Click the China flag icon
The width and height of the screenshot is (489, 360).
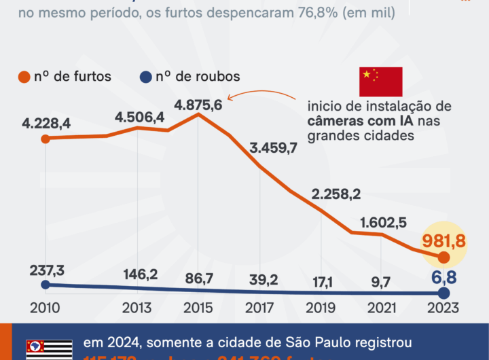click(380, 82)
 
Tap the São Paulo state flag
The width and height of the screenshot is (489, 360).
click(49, 349)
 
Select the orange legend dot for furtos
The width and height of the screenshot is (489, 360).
click(24, 77)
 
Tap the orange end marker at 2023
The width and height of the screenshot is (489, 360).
click(443, 257)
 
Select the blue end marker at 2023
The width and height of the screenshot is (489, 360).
click(443, 293)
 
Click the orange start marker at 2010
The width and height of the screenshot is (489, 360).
click(45, 139)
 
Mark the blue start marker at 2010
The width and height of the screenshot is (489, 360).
click(45, 285)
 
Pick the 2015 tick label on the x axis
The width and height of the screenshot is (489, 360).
click(197, 308)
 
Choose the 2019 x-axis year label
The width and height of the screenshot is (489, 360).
click(320, 308)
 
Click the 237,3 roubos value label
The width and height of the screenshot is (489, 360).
click(47, 270)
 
